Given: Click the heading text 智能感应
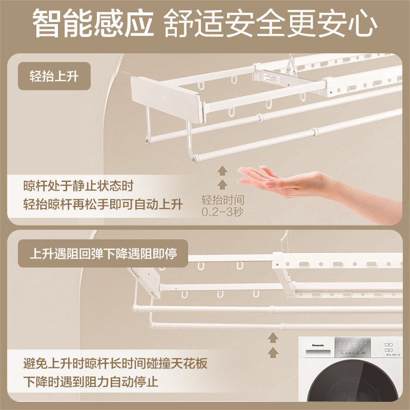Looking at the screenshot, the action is (x=93, y=23).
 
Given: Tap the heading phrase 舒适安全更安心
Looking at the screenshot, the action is (x=271, y=23).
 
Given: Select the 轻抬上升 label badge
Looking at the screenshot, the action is (x=54, y=76).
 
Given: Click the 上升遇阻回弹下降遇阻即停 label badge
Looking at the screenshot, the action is (x=103, y=253).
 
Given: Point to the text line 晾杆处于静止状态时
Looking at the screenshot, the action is (x=78, y=186).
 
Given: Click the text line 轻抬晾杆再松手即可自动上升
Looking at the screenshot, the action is (x=103, y=204).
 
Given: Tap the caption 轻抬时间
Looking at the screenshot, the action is (x=222, y=200).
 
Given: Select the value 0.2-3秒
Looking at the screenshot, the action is (x=222, y=212).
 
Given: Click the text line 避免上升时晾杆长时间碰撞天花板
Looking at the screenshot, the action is (x=115, y=363).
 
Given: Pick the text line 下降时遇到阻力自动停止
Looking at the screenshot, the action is (x=91, y=381).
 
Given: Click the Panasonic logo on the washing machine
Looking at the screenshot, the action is (x=318, y=345).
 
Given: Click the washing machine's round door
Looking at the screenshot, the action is (x=354, y=384).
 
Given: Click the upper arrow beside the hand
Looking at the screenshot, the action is (x=222, y=171).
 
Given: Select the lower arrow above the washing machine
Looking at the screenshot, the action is (x=273, y=353).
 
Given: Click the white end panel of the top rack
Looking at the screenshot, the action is (x=167, y=99).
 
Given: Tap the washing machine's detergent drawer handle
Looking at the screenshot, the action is (x=318, y=353).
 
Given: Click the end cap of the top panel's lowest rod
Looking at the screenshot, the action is (x=195, y=158).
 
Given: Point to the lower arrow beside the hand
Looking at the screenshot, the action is (x=222, y=184).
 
